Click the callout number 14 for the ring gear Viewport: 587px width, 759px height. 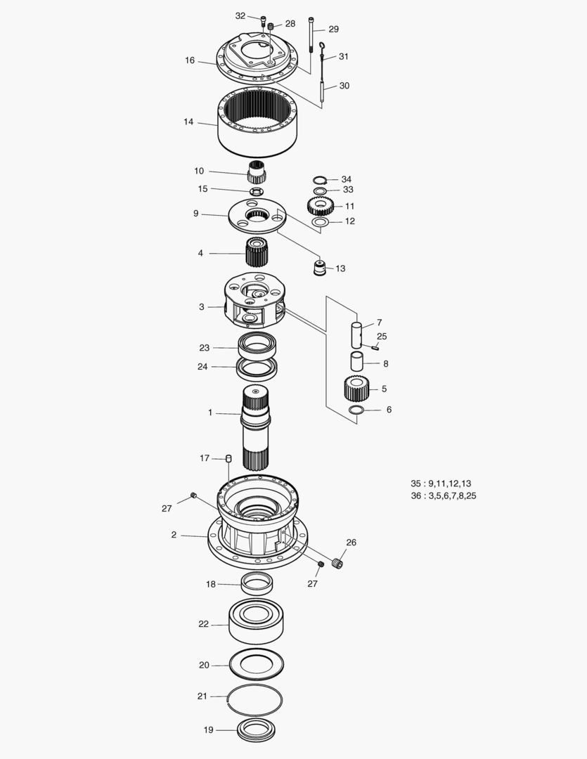pos(188,122)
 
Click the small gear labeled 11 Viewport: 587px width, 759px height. pos(320,206)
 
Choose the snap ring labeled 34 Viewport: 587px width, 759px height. pos(320,179)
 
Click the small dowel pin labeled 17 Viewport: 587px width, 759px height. pos(228,459)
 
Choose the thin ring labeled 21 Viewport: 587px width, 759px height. pos(256,696)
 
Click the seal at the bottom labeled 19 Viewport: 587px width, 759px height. pos(257,730)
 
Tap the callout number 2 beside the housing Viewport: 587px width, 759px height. pos(174,535)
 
